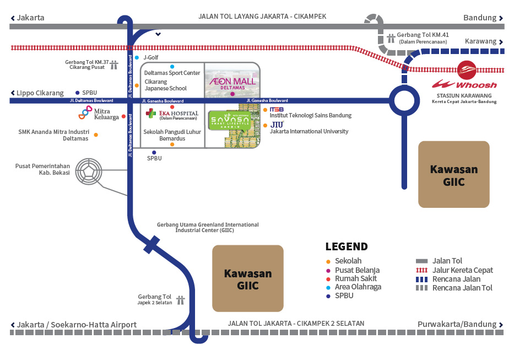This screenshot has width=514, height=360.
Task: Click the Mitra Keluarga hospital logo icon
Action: (x=85, y=113)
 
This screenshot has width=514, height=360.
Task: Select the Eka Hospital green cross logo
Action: (x=150, y=113)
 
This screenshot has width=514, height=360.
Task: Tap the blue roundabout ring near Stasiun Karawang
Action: (x=405, y=101)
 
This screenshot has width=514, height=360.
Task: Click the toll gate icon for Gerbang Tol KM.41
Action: (x=391, y=38)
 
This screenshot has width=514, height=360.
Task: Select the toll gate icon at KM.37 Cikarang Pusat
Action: (x=114, y=65)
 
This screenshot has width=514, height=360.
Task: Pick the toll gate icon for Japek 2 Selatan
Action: (x=180, y=300)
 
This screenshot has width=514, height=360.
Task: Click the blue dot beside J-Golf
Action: (x=137, y=57)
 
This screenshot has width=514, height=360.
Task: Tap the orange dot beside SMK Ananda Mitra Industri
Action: (x=96, y=135)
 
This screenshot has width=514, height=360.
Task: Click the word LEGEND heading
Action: (x=347, y=246)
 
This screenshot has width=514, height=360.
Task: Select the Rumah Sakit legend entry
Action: (x=353, y=278)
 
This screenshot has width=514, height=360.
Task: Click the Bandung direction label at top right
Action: (x=480, y=18)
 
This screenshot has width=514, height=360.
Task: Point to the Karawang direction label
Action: (x=480, y=41)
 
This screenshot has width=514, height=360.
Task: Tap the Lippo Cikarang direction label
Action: (x=40, y=93)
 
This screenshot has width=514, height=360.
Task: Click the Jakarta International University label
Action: (x=309, y=131)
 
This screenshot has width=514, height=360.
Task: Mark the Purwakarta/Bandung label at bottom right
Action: (x=457, y=324)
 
